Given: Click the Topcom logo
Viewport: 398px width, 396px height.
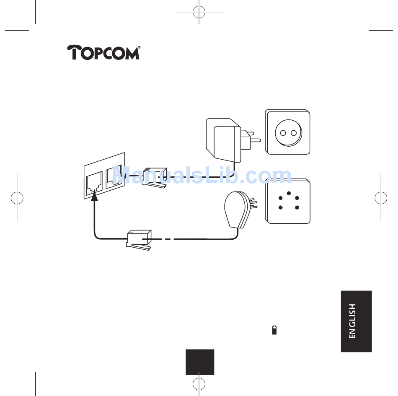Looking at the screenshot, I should [x=103, y=53].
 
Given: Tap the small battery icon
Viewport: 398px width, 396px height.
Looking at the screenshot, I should [x=274, y=330].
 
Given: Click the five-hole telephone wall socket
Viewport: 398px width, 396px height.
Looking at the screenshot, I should [x=288, y=201].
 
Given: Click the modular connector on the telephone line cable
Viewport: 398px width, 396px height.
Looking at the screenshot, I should [x=139, y=240].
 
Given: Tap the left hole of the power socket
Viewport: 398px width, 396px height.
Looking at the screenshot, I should [x=282, y=133].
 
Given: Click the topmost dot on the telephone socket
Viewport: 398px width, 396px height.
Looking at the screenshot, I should [x=289, y=193].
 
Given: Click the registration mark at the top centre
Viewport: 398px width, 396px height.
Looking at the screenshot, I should [x=199, y=13].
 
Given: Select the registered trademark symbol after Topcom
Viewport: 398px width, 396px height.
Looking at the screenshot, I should [x=139, y=47].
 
